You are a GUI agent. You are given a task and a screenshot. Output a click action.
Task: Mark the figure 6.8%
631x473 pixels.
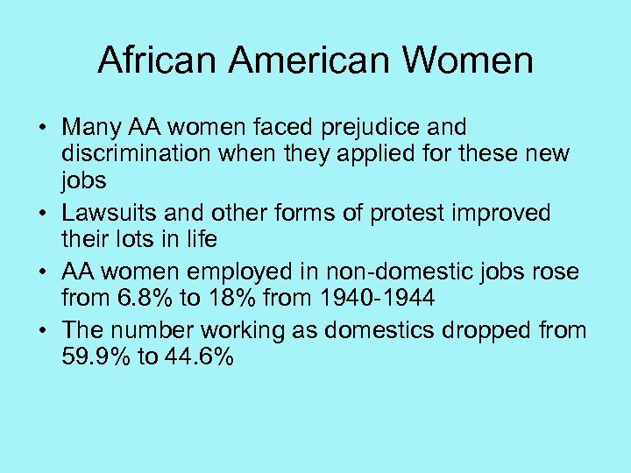(x=142, y=299)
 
